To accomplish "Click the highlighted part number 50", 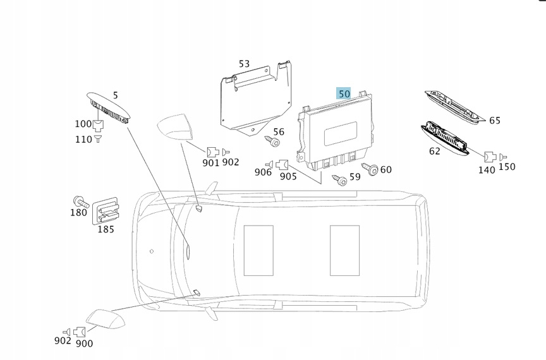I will coord(344,93).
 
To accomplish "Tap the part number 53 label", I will coord(244,64).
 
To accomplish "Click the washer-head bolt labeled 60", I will coord(372,169).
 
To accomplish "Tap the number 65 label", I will coord(494,121).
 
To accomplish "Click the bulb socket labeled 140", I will coord(488,157).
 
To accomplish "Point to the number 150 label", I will coord(507,167).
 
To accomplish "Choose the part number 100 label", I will coord(83,124).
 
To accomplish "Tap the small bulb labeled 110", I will coord(98,138).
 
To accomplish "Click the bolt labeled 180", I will coord(80,201).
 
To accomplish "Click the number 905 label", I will coord(288,176).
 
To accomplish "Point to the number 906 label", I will coord(263,172).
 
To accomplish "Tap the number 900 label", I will coord(84,344).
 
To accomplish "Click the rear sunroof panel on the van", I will coord(344,249).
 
